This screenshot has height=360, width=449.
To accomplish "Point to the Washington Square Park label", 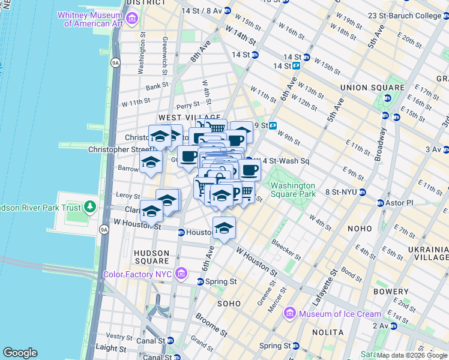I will [293, 190].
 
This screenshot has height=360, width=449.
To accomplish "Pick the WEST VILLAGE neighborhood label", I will [184, 118].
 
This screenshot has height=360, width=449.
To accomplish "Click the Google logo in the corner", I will [20, 353].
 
